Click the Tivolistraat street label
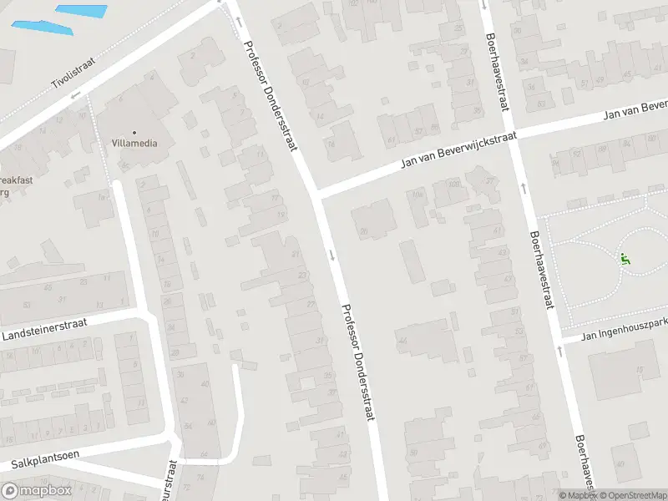point(74,72)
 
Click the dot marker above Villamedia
point(134,132)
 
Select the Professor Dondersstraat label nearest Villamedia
point(271,83)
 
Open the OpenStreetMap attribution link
point(633,495)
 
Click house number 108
point(453,185)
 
